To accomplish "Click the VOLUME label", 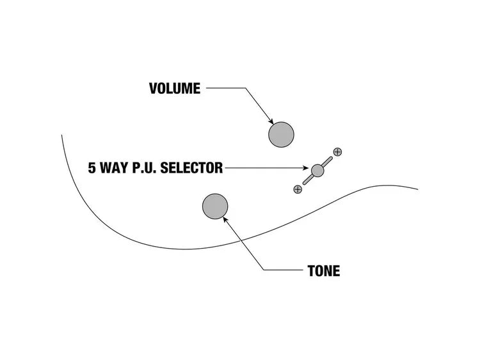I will tap(175, 88).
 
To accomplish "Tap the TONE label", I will tap(324, 271).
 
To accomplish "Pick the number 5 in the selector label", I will tap(92, 168).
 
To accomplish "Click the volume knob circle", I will tap(281, 134).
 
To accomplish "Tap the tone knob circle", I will tap(215, 206).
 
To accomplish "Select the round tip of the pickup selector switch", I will tap(318, 170).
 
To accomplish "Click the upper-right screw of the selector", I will tap(338, 152).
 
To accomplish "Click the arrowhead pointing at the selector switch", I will tap(308, 169).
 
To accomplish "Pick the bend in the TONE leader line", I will tap(263, 270).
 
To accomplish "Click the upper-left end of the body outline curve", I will tap(62, 136).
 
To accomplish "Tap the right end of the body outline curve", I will tap(417, 189).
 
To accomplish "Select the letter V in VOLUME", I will tap(154, 88).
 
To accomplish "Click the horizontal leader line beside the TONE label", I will tap(282, 270).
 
